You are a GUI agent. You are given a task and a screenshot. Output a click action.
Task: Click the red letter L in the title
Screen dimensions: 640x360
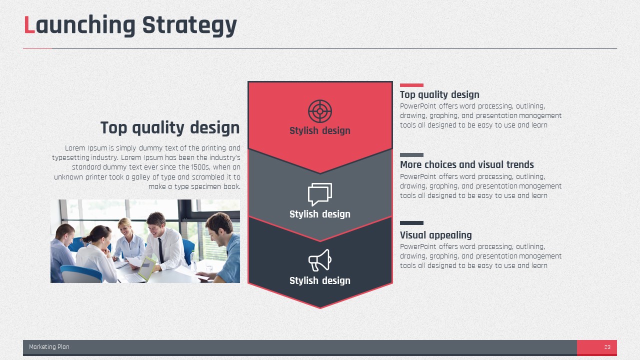[x=29, y=25]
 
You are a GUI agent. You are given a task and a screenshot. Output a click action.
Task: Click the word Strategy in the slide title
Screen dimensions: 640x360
[x=189, y=26]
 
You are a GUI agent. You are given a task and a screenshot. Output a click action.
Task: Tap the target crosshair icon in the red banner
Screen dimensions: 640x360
[x=320, y=111]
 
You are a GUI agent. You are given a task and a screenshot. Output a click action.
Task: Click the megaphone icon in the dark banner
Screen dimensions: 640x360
[x=320, y=260]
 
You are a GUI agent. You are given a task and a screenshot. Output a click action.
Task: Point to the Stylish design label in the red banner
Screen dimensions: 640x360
[x=320, y=130]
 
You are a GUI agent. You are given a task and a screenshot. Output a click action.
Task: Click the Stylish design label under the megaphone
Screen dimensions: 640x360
[x=320, y=280]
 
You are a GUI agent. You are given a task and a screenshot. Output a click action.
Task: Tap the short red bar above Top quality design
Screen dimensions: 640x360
[x=411, y=85]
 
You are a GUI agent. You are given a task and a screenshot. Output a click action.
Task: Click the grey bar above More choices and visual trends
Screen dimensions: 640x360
[x=411, y=155]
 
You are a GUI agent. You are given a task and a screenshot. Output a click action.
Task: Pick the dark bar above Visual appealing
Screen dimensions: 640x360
[x=411, y=223]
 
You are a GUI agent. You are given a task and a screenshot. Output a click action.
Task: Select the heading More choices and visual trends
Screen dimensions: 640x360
[x=467, y=164]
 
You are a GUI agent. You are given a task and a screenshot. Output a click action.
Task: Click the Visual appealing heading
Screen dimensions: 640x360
[x=435, y=235]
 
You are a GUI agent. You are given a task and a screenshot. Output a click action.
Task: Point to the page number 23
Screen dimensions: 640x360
[x=607, y=347]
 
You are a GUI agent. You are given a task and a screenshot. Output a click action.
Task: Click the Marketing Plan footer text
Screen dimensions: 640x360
[x=49, y=347]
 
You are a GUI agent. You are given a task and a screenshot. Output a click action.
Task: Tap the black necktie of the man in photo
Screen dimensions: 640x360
[x=161, y=250]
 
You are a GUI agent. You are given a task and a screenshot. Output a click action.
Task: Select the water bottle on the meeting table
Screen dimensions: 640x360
[x=193, y=260]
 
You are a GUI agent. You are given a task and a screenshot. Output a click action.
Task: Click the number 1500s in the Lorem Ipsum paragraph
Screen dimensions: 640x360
[x=200, y=167]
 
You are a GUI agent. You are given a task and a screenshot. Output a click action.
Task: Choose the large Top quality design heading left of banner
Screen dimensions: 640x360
[x=170, y=127]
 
